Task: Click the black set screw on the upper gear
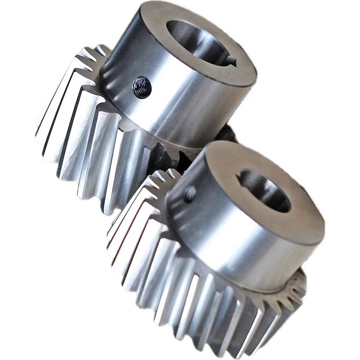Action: pyautogui.click(x=141, y=87)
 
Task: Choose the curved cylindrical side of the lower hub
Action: pyautogui.click(x=237, y=247)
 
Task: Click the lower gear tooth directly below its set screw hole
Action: pyautogui.click(x=170, y=256)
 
